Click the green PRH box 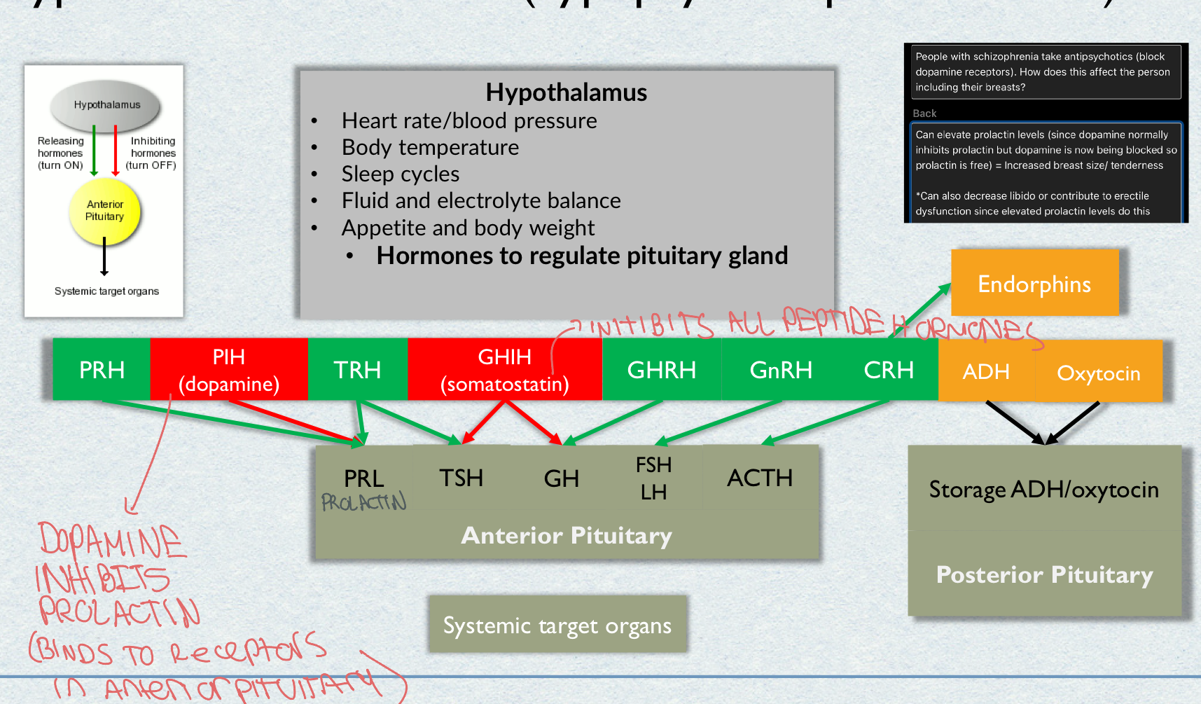102,369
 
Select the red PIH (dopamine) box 229,370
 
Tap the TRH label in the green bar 357,369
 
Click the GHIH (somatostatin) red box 504,370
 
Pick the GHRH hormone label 661,369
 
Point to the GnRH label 781,369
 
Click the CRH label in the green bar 888,369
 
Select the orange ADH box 986,371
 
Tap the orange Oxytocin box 1098,373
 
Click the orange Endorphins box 1034,284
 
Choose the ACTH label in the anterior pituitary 760,478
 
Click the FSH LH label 653,478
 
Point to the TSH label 461,478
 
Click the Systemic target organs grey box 557,625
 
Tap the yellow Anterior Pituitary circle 105,211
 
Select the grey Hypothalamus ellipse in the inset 106,105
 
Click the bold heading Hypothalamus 566,92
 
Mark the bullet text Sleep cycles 401,174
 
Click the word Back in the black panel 924,113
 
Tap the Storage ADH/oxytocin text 1043,489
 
